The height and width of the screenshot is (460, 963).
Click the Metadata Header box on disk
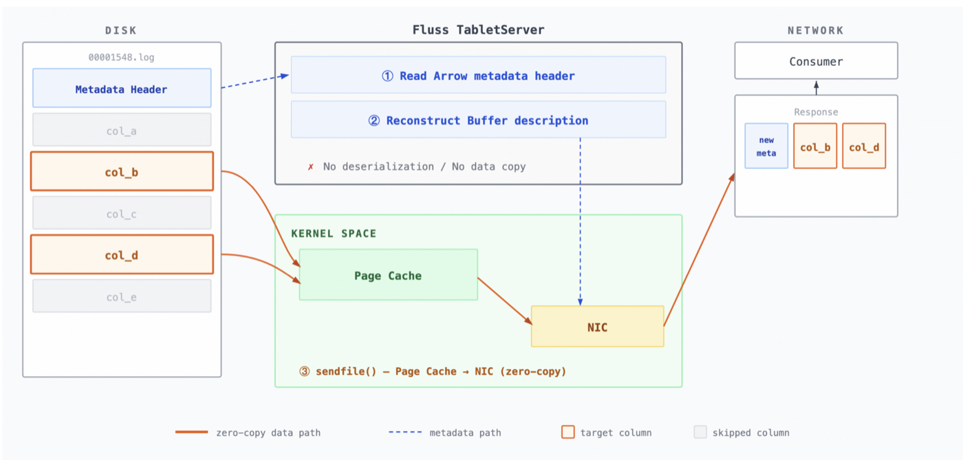[x=121, y=89]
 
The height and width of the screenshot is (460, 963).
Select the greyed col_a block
[x=121, y=131]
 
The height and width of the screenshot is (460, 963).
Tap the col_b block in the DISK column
[x=121, y=172]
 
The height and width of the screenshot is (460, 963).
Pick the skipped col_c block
[x=121, y=214]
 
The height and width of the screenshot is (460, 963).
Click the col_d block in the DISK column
[x=121, y=255]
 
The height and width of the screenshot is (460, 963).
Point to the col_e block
[x=121, y=297]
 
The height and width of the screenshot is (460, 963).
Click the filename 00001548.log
[x=121, y=58]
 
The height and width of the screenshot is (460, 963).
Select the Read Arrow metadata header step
[x=478, y=76]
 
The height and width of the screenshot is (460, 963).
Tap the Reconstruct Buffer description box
[x=478, y=120]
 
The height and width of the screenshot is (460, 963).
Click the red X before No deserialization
[x=310, y=167]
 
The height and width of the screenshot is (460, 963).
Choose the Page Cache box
[x=388, y=275]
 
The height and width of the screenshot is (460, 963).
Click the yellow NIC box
[x=597, y=327]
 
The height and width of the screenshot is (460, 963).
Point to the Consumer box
[x=816, y=61]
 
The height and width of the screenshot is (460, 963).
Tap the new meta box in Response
[x=766, y=146]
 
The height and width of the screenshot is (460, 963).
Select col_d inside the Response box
[x=864, y=147]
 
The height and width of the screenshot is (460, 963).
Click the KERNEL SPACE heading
[x=334, y=234]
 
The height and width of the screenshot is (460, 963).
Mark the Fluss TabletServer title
[x=478, y=30]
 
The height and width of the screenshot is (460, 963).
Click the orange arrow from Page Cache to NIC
[x=504, y=300]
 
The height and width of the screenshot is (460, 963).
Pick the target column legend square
[x=567, y=432]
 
